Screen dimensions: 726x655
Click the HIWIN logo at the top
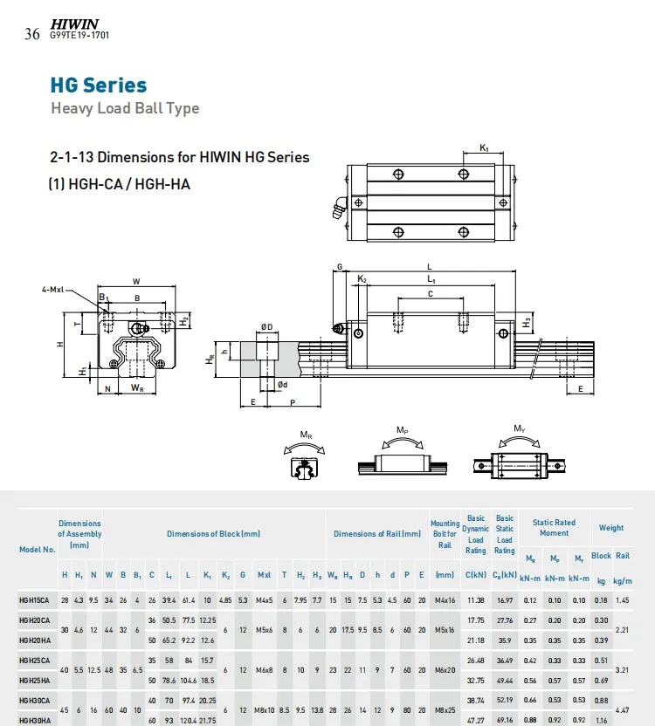pyautogui.click(x=74, y=24)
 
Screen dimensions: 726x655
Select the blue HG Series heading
pyautogui.click(x=98, y=86)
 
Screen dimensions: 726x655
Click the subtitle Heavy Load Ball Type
pyautogui.click(x=125, y=108)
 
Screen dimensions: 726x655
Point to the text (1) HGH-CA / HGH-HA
pyautogui.click(x=119, y=184)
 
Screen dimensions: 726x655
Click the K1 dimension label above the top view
pyautogui.click(x=484, y=148)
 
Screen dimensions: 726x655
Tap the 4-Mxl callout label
pyautogui.click(x=52, y=290)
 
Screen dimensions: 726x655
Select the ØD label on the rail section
pyautogui.click(x=266, y=327)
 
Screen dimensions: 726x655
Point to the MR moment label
pyautogui.click(x=307, y=434)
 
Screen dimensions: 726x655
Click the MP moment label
pyautogui.click(x=402, y=430)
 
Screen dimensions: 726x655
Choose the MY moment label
pyautogui.click(x=519, y=429)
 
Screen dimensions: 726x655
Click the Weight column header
pyautogui.click(x=611, y=528)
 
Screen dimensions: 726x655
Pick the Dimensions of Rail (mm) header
pyautogui.click(x=377, y=534)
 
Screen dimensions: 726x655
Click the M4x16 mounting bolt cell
pyautogui.click(x=445, y=599)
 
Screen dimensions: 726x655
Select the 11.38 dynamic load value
pyautogui.click(x=475, y=599)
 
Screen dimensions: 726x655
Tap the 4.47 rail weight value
pyautogui.click(x=623, y=711)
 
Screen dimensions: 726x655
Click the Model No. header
pyautogui.click(x=38, y=550)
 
